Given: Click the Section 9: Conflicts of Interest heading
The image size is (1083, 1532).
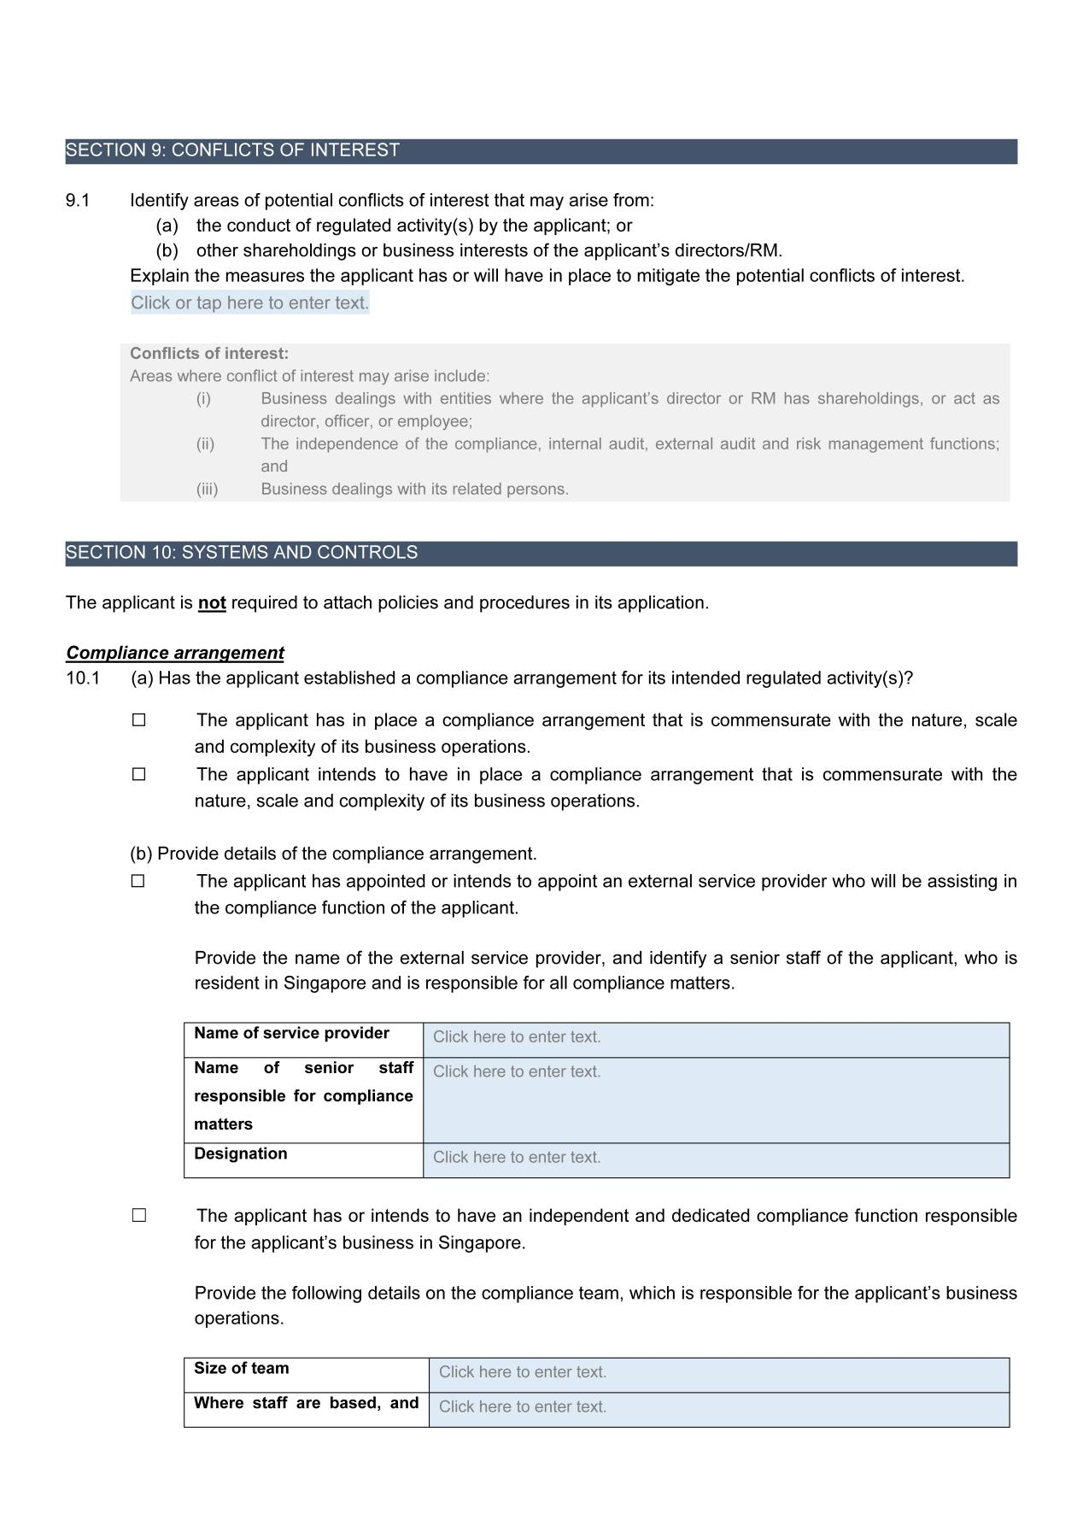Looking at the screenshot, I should click(233, 150).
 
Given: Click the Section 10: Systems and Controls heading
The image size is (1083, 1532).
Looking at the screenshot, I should click(242, 553).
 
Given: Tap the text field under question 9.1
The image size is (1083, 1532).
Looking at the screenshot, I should click(249, 302).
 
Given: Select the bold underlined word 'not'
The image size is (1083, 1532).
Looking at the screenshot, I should click(212, 603).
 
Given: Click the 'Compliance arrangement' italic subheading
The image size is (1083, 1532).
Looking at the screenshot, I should click(175, 653).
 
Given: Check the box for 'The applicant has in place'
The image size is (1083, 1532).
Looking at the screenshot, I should click(139, 720).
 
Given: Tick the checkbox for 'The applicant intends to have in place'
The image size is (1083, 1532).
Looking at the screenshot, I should click(139, 775).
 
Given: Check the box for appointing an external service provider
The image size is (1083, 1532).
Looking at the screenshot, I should click(138, 881).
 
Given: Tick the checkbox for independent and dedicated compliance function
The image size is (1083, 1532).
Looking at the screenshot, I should click(139, 1216).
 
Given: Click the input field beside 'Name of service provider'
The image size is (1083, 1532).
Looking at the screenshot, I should click(716, 1038).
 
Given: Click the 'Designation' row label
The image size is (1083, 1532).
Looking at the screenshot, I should click(241, 1154).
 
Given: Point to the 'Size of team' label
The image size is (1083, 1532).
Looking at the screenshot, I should click(242, 1369).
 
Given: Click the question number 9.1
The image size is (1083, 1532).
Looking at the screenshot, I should click(78, 201).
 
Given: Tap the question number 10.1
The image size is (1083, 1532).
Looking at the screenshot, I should click(83, 678).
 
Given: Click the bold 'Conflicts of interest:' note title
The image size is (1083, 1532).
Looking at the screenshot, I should click(209, 354).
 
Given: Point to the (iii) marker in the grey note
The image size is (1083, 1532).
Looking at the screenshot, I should click(207, 490).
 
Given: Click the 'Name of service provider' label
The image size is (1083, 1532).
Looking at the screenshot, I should click(291, 1034).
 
